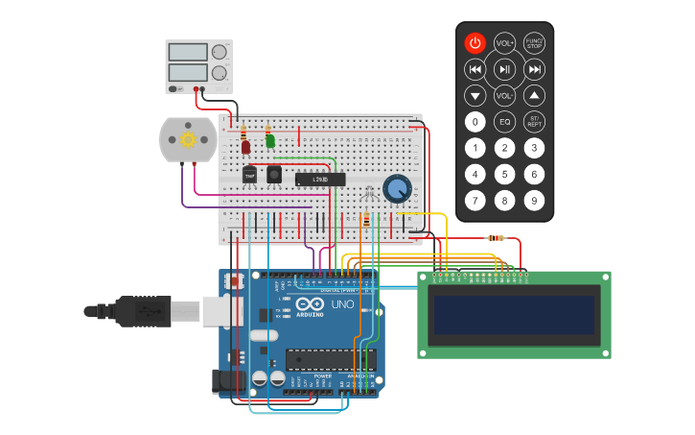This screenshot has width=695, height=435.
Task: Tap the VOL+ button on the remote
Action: pos(504,43)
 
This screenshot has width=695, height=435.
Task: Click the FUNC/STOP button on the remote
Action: pos(534,43)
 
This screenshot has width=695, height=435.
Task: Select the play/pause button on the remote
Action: pos(504,69)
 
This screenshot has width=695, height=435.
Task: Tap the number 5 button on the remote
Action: pos(504,174)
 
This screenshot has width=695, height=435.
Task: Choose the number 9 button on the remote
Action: pos(534,201)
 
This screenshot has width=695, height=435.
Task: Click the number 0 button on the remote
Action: pos(475,122)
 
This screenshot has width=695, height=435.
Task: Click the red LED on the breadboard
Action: pos(245,146)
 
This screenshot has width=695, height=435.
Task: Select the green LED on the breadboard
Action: pos(270,141)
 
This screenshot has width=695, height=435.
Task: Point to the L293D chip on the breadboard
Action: pos(319,179)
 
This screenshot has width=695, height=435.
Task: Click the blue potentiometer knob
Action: pos(396,188)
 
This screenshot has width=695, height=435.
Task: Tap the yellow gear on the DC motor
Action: pos(188,139)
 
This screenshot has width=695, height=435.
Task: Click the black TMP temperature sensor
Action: pos(250,175)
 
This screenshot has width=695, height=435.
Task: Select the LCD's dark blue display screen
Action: pos(514,315)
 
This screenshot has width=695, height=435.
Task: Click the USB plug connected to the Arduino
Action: pos(134,311)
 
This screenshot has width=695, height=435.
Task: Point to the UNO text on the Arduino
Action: pos(342,305)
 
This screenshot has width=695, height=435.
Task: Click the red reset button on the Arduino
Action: pos(233,281)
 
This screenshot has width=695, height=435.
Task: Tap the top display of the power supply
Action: pos(187,51)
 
